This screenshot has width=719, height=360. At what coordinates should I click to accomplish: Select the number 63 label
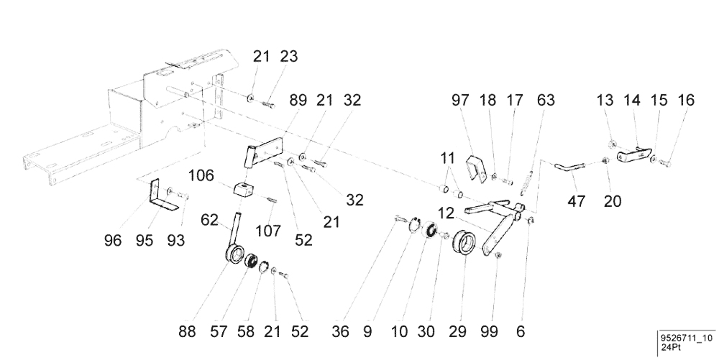click(545, 102)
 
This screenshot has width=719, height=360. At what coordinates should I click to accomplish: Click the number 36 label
click(340, 332)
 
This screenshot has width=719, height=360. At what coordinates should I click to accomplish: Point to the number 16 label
click(686, 102)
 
